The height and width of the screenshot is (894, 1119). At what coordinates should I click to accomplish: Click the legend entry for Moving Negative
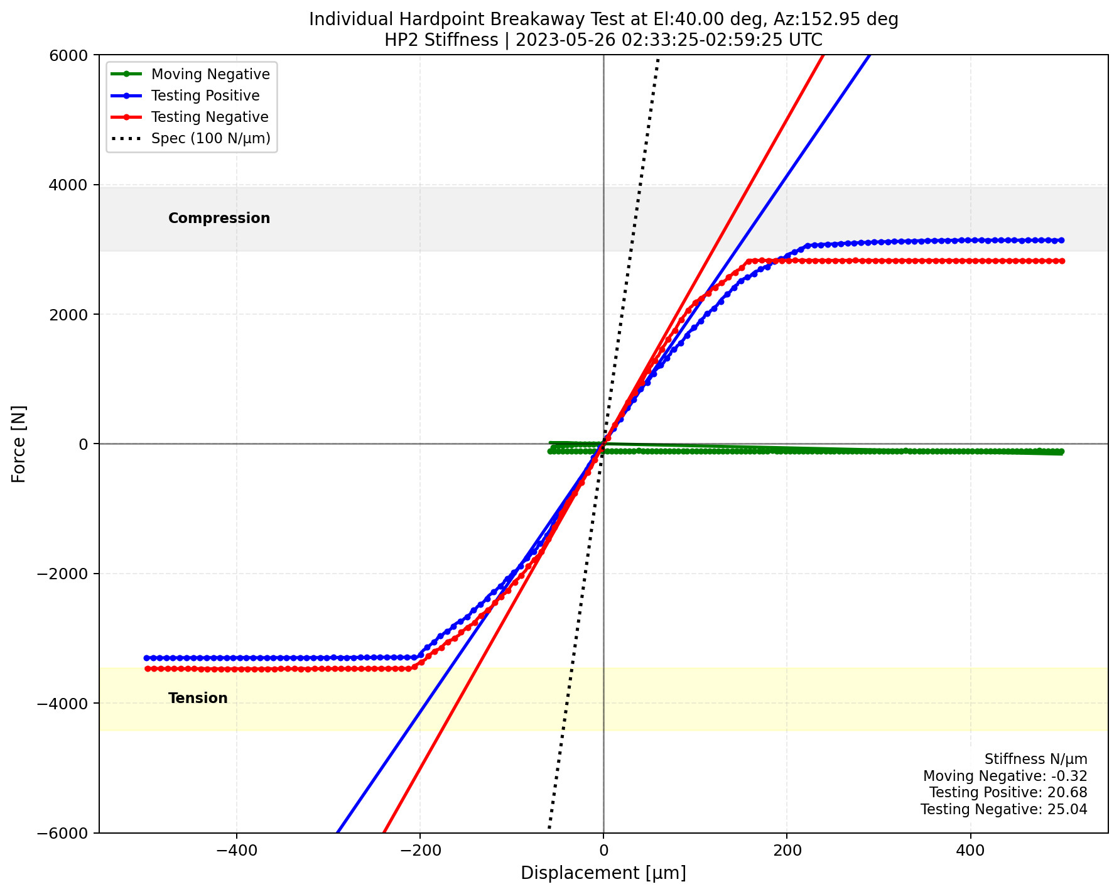pyautogui.click(x=210, y=74)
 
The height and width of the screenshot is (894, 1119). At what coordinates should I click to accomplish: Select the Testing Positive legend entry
pyautogui.click(x=205, y=95)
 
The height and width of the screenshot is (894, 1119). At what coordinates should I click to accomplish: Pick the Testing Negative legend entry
pyautogui.click(x=210, y=117)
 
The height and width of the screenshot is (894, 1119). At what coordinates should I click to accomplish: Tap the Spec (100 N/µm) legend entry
pyautogui.click(x=210, y=138)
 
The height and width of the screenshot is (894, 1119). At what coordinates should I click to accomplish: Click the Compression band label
pyautogui.click(x=219, y=218)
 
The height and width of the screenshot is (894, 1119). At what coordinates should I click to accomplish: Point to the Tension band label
pyautogui.click(x=198, y=698)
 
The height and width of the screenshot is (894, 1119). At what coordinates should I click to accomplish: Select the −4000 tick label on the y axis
pyautogui.click(x=68, y=703)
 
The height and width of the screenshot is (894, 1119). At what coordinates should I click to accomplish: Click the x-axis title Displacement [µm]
pyautogui.click(x=603, y=873)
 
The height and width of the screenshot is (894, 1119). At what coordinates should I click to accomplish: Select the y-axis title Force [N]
pyautogui.click(x=19, y=444)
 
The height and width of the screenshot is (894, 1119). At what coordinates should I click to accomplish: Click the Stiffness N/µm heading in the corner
pyautogui.click(x=1035, y=760)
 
